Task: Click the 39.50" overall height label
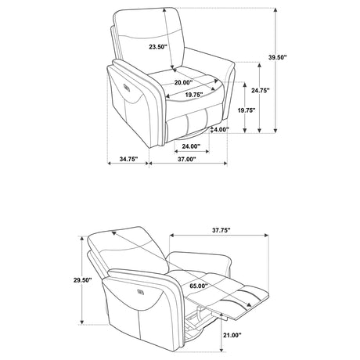pos(278,57)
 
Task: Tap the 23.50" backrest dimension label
pos(158,47)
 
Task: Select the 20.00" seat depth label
pos(183,83)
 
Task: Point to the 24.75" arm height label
pos(261,91)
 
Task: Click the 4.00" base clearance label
pos(221,129)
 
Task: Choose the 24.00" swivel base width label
pos(191,146)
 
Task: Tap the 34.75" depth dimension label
pos(128,159)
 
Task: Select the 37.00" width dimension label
pos(187,159)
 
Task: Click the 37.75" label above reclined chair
pos(221,230)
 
